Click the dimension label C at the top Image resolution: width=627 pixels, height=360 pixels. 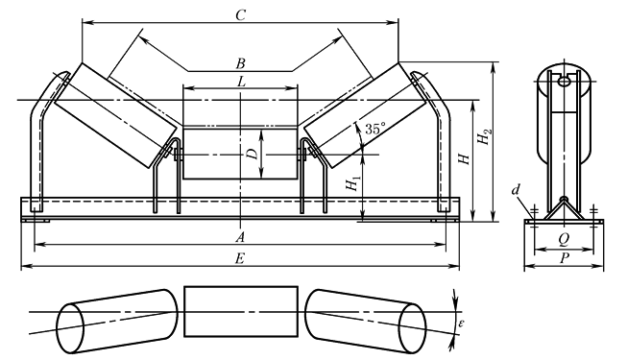(x=240, y=15)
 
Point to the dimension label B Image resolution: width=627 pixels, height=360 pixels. (x=240, y=63)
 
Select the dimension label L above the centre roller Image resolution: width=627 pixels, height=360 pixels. (x=241, y=82)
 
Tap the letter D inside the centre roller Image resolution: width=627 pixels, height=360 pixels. (x=252, y=154)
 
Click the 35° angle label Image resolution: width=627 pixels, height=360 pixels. (x=375, y=129)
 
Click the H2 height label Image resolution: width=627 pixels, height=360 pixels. (x=484, y=136)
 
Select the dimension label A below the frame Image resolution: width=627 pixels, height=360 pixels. (x=240, y=238)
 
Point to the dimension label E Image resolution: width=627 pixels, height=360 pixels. (x=239, y=259)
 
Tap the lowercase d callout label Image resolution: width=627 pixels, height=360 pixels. (x=516, y=190)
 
